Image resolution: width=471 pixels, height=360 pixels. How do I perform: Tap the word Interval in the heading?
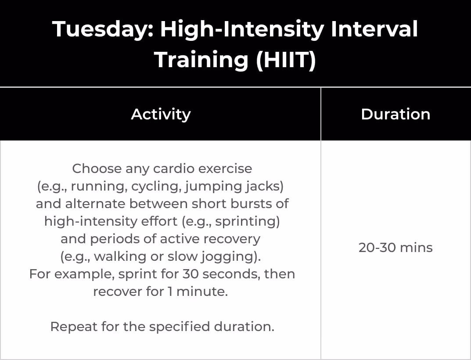[374, 29]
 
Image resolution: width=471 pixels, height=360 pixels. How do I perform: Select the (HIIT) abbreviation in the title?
[286, 60]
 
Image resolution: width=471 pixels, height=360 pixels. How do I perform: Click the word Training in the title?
[201, 60]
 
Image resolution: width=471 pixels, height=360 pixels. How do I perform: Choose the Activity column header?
[161, 114]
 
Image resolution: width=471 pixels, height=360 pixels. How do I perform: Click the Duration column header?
[395, 114]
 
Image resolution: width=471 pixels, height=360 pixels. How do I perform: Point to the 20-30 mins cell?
[395, 248]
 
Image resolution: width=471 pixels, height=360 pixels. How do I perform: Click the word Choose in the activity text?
[97, 169]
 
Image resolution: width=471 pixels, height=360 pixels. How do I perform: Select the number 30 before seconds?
[190, 274]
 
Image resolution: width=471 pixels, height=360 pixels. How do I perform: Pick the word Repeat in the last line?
[74, 327]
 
